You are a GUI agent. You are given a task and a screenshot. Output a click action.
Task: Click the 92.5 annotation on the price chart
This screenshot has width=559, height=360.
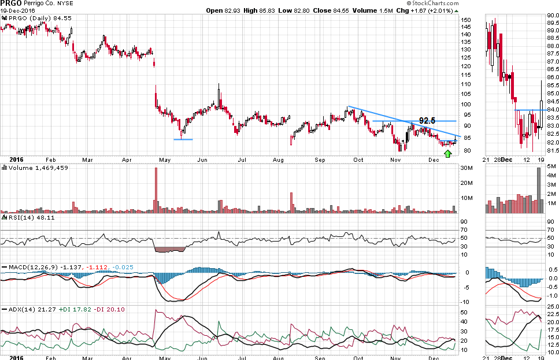(x=427, y=120)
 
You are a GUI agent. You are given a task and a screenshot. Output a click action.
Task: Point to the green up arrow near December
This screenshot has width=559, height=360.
(x=447, y=153)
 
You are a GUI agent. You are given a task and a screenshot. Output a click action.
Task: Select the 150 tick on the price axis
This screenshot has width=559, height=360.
(x=466, y=20)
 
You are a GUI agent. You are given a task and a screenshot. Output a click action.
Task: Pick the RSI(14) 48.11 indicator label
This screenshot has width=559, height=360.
(x=27, y=218)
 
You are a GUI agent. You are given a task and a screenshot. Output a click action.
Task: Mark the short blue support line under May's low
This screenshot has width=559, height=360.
(x=183, y=139)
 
